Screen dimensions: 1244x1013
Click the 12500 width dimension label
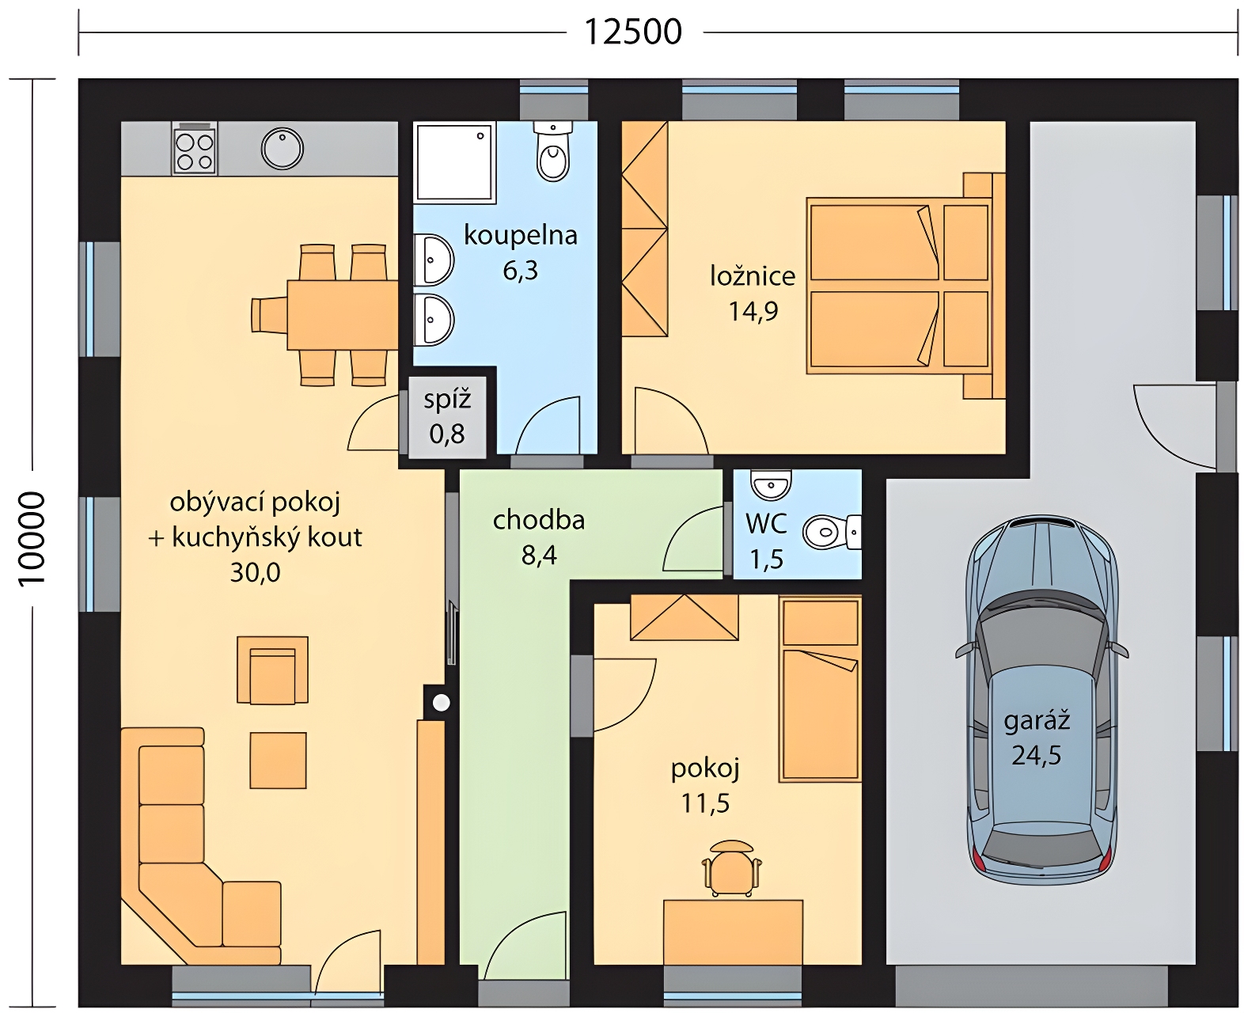632,32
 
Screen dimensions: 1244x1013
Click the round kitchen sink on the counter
282,149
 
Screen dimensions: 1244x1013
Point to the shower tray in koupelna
454,162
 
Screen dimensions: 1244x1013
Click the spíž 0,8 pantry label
447,417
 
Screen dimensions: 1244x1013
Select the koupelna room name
521,235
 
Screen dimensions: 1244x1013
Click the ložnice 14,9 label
753,293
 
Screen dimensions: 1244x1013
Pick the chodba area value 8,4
539,555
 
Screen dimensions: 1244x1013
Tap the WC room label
766,524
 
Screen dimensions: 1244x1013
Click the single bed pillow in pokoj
820,622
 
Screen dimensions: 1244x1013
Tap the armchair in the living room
272,670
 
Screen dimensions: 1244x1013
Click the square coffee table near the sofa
278,761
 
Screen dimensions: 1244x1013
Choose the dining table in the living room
342,315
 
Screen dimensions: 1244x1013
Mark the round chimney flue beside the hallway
442,703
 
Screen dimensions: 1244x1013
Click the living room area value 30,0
255,573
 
